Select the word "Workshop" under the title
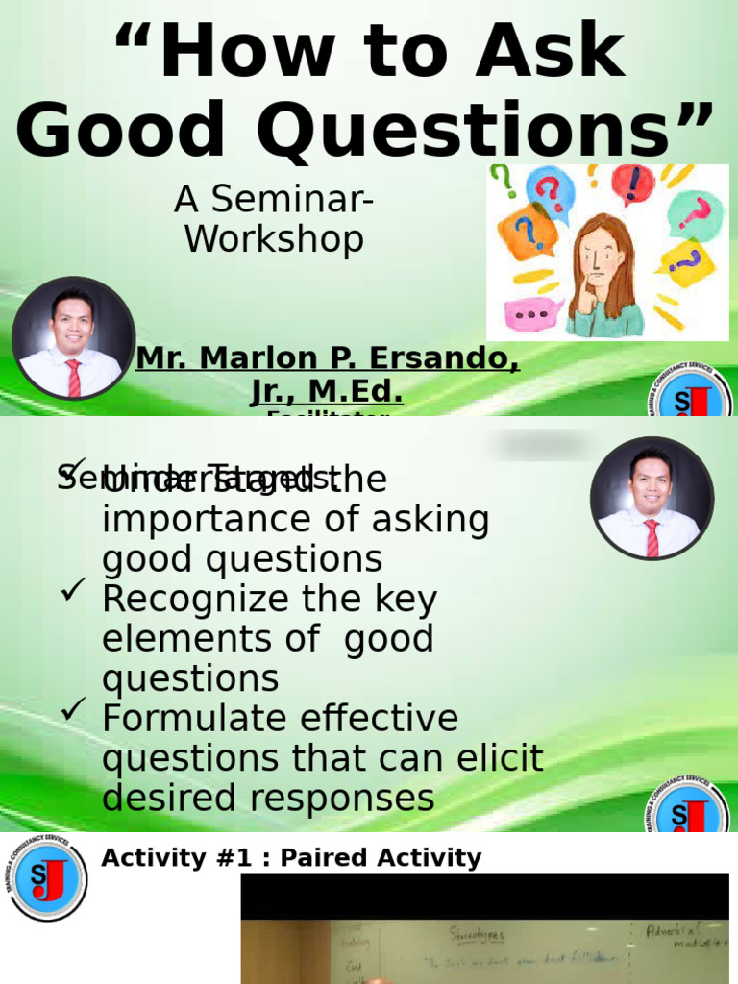click(274, 239)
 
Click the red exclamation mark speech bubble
click(632, 184)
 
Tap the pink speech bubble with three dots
click(531, 314)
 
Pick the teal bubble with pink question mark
click(695, 212)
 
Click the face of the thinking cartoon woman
click(602, 258)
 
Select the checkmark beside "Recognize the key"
click(74, 589)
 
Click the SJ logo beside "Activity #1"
click(45, 877)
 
